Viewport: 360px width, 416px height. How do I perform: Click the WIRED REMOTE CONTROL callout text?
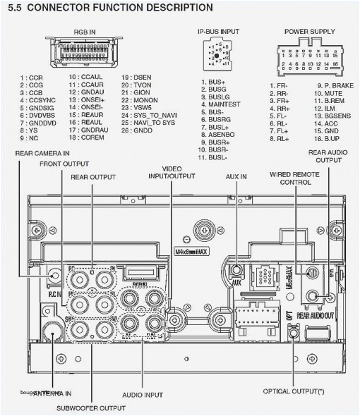(x=290, y=177)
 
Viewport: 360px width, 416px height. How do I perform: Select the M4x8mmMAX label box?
(x=190, y=252)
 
